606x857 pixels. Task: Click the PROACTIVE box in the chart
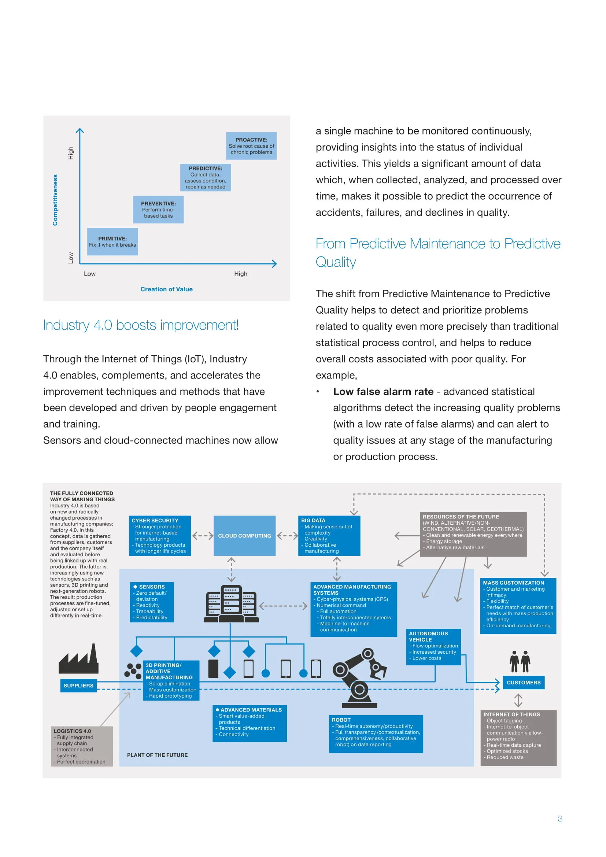tap(251, 146)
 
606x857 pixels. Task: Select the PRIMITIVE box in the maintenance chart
tap(112, 241)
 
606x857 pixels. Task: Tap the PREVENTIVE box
tap(158, 210)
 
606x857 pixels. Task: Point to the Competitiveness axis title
tap(55, 200)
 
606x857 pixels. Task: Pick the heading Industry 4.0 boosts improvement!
tap(141, 325)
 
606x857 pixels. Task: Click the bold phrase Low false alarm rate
tap(383, 392)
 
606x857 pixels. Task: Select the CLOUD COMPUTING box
tap(244, 536)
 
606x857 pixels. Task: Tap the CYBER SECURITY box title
tap(155, 520)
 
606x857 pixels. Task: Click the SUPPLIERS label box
tap(78, 686)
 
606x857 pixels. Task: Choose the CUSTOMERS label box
tap(523, 682)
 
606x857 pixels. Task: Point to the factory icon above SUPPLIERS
tap(79, 660)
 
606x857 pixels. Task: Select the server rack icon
tap(231, 604)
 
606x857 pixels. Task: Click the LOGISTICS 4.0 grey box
tap(81, 746)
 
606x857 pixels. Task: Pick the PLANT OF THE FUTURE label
tap(157, 755)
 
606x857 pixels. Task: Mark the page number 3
tap(560, 819)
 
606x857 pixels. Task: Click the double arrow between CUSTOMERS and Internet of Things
tap(518, 700)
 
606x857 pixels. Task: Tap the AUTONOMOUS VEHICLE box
tap(433, 647)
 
